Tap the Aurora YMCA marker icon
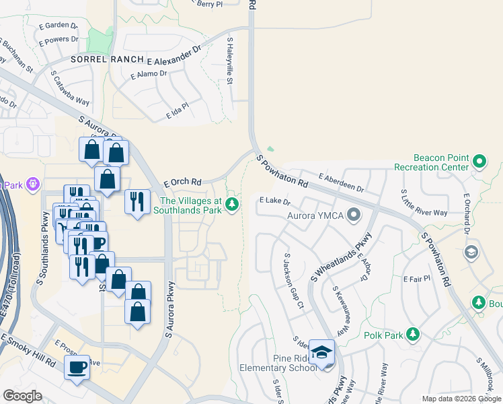pos(354,215)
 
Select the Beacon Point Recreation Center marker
pos(479,162)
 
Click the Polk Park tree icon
pos(413,334)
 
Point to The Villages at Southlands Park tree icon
pos(232,203)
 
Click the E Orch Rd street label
pos(183,182)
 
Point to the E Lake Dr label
pos(274,201)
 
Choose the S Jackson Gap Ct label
pos(295,281)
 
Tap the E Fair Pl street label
pos(416,278)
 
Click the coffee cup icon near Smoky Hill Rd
pos(77,368)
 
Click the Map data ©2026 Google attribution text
pos(461,399)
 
